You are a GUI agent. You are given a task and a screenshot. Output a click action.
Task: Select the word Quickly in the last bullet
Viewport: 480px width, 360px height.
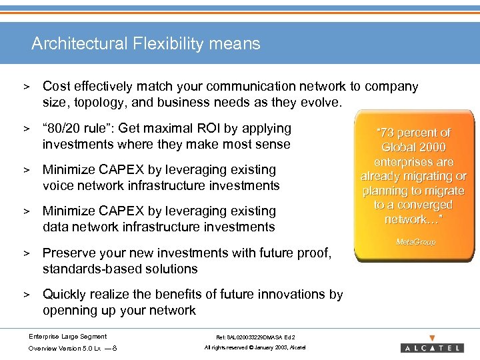click(66, 294)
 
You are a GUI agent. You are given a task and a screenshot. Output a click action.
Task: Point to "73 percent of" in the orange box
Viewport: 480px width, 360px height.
click(413, 133)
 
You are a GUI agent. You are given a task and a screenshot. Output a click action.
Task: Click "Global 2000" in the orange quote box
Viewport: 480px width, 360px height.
click(413, 147)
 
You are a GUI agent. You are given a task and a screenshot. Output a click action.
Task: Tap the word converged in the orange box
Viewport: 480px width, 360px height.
click(419, 205)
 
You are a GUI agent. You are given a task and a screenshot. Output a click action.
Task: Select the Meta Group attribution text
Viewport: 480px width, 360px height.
click(415, 242)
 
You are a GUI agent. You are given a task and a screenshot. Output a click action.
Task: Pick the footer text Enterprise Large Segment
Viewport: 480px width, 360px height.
click(67, 336)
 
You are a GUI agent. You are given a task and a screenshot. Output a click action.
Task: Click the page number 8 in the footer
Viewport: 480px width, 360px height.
click(116, 349)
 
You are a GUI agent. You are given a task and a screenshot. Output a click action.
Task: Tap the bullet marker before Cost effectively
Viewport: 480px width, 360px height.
click(28, 87)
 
